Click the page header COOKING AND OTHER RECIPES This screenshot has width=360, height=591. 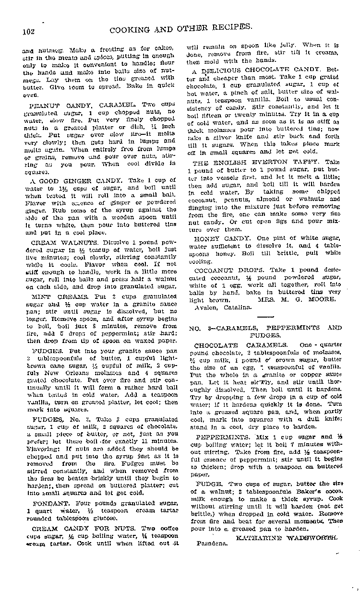pos(181,28)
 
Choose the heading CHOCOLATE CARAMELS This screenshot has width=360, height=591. pos(241,345)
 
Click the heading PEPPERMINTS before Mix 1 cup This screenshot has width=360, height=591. pos(219,437)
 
